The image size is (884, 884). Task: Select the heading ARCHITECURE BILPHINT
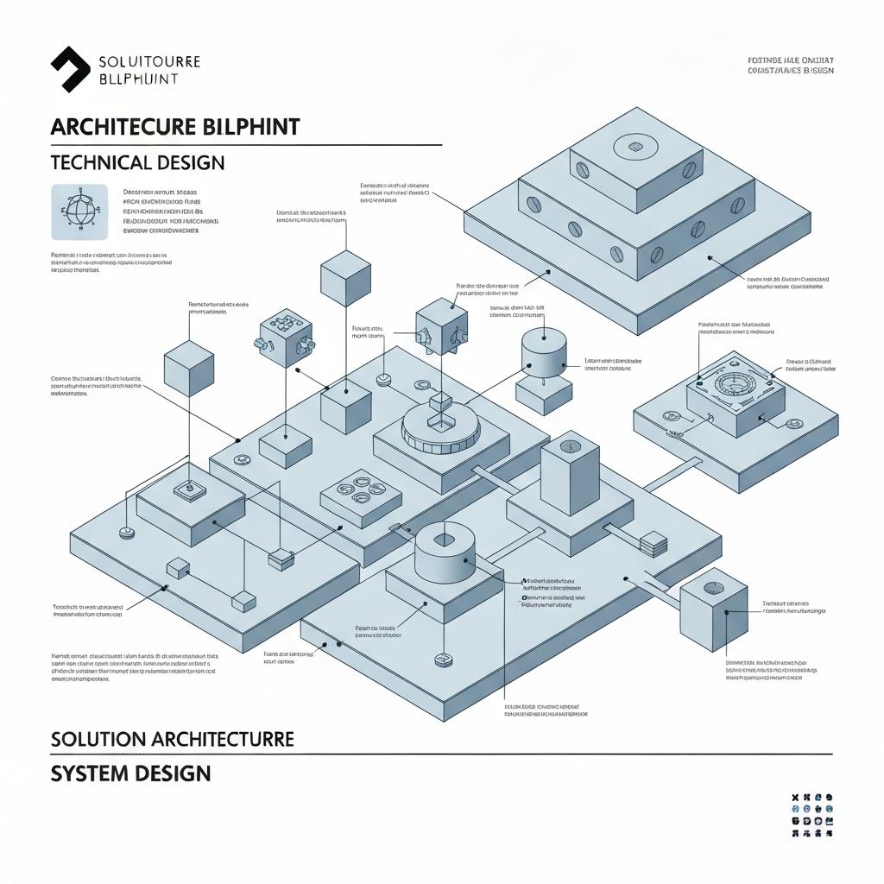point(175,126)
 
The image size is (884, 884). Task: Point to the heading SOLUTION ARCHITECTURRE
point(173,739)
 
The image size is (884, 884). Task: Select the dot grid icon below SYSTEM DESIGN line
point(811,816)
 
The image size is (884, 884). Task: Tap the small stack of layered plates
point(654,544)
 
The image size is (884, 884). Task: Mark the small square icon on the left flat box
point(186,490)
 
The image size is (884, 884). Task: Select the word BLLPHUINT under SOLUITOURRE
point(139,79)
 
